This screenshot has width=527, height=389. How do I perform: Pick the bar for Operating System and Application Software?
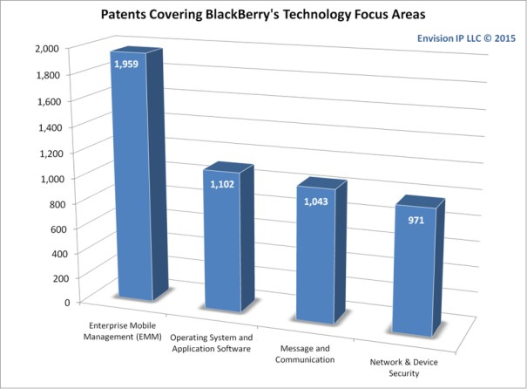pyautogui.click(x=223, y=244)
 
